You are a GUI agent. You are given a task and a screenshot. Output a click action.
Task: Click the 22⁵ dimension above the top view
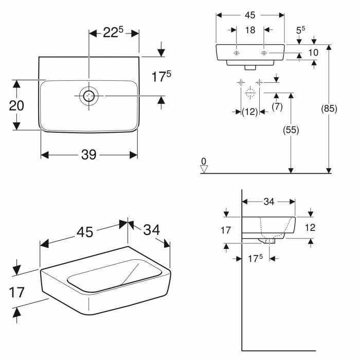[114, 33]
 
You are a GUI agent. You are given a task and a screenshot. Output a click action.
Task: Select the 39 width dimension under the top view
[88, 155]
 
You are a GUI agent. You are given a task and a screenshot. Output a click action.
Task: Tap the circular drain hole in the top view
[89, 96]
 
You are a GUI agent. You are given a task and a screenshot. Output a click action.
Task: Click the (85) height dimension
[329, 109]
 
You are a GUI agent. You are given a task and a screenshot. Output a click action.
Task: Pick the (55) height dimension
[291, 130]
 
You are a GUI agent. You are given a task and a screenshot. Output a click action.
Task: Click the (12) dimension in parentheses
[249, 112]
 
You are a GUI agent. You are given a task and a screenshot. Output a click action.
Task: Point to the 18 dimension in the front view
[250, 30]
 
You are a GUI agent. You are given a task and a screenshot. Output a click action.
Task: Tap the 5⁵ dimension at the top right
[300, 30]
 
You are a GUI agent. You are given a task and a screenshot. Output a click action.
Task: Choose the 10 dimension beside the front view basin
[313, 52]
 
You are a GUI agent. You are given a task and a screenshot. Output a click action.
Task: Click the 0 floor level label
[204, 161]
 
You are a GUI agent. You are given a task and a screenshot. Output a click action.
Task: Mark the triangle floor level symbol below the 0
[204, 169]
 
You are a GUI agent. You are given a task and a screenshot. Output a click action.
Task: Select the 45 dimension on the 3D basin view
[85, 232]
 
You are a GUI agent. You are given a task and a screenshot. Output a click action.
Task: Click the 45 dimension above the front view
[250, 15]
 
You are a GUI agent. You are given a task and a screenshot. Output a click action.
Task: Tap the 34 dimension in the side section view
[268, 202]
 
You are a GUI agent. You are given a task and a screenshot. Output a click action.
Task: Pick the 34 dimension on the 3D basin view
[151, 230]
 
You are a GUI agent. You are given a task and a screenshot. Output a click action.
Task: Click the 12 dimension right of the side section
[310, 227]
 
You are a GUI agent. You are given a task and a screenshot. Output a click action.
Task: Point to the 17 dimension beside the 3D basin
[17, 292]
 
